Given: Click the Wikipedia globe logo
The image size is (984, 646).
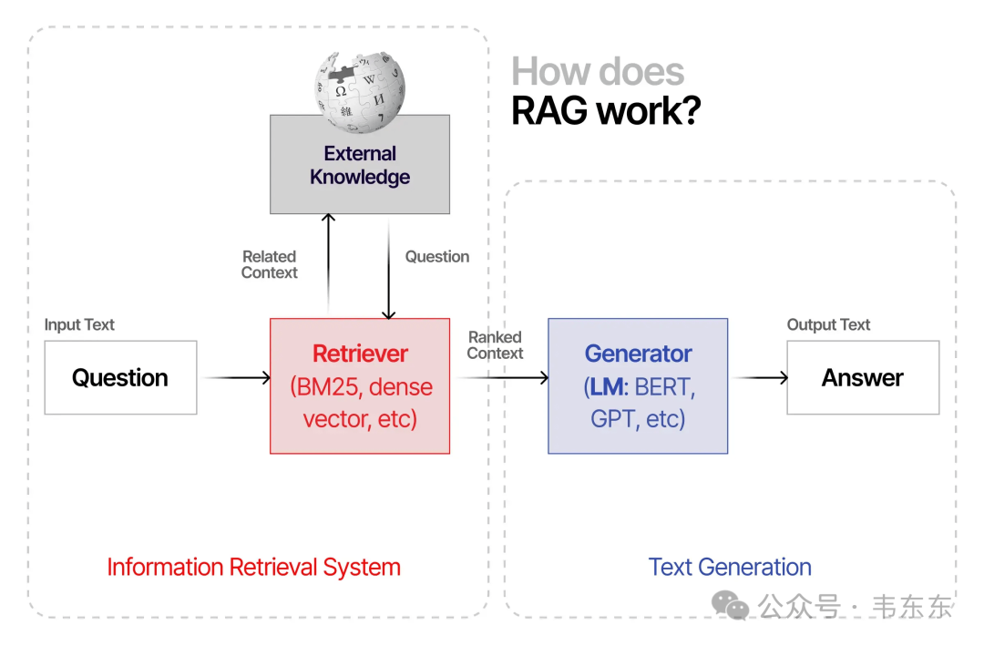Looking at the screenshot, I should [360, 90].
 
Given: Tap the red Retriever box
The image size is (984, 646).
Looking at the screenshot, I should [360, 385].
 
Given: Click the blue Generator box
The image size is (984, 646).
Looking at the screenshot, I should [638, 385].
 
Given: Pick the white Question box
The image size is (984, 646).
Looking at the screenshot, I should [120, 377].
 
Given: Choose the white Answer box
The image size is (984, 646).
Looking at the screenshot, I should [862, 377].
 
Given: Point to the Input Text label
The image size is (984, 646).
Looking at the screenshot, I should [79, 325].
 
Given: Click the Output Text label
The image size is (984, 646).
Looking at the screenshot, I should [828, 325].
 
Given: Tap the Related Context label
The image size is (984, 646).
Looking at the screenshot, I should [270, 264].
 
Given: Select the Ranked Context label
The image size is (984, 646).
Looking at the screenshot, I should [495, 345].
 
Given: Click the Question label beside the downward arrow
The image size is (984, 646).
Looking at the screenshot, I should [437, 257].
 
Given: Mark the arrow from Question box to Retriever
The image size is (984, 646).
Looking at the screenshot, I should [237, 377].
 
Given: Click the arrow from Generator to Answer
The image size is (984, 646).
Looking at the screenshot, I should [760, 377].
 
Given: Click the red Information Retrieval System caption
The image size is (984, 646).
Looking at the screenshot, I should [253, 567].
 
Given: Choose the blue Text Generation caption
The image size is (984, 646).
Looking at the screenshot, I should [730, 567].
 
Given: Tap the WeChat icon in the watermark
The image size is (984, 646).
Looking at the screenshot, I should [731, 604].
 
